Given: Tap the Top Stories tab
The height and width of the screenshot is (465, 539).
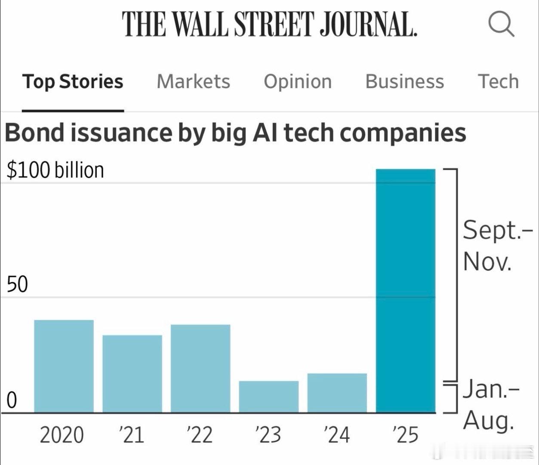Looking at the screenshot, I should [73, 81].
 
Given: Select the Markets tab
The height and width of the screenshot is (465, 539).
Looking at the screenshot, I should [193, 81].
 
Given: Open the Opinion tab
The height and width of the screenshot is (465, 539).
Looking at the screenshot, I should [298, 81].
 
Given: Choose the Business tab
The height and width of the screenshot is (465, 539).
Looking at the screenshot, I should [404, 81].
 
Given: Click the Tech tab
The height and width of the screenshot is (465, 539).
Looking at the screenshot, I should [498, 81].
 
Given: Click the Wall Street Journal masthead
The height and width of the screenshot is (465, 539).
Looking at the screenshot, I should [270, 24].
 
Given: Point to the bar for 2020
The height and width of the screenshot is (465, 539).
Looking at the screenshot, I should [64, 366].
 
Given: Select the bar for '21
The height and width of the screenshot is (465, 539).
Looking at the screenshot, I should [132, 374].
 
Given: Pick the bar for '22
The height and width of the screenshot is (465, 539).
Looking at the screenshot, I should [200, 369].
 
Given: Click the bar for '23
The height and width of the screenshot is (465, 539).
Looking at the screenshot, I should [268, 397].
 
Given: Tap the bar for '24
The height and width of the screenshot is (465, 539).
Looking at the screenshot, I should [337, 393].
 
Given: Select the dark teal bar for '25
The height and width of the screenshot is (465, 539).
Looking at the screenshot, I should [406, 291].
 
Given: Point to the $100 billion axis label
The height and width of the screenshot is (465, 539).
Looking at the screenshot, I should [55, 170].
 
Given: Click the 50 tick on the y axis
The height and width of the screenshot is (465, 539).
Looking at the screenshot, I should [17, 285].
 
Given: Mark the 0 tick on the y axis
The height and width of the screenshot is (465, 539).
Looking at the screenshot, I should [12, 400].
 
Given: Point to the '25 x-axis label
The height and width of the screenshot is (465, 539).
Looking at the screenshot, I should [405, 435].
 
